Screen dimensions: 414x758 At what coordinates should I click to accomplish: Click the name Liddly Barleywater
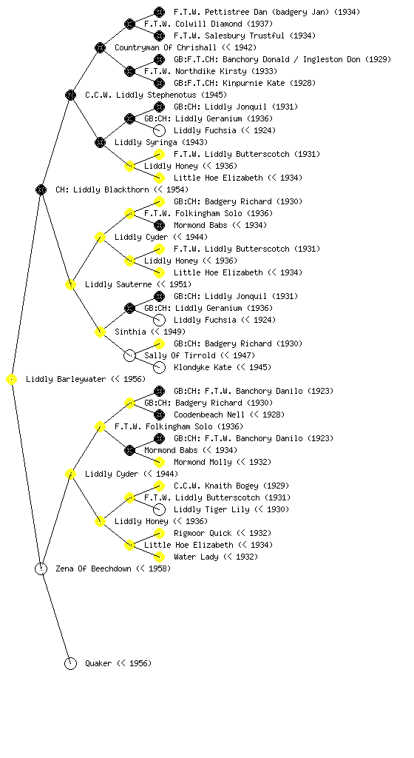pos(66,379)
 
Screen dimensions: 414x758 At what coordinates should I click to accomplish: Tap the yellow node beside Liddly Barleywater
pos(12,379)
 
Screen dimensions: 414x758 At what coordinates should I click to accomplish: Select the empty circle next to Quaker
pos(70,663)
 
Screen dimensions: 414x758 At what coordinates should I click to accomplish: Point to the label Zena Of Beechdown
pos(93,568)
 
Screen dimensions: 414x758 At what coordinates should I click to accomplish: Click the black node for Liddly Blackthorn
pos(41,189)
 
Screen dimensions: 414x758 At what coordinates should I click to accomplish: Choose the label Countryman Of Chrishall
pos(166,47)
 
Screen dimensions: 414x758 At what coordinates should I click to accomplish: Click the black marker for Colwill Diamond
pos(129,24)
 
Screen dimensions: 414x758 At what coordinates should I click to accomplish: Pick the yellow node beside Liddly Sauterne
pos(70,284)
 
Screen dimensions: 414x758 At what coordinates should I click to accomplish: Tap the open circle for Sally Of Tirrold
pos(129,355)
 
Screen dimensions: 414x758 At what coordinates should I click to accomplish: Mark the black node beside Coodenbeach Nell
pos(159,415)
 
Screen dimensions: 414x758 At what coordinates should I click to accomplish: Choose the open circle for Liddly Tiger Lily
pos(159,509)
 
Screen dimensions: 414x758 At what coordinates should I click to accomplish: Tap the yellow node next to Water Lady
pos(159,557)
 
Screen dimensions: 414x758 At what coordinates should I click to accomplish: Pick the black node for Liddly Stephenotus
pos(70,95)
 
